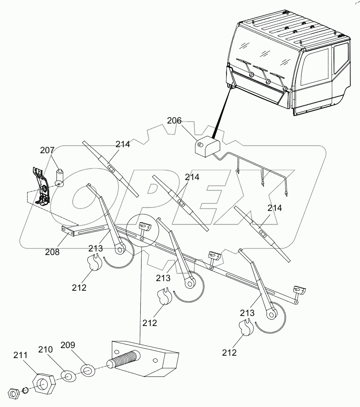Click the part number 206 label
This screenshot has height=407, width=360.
[x=174, y=120]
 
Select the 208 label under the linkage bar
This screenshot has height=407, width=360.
[x=53, y=252]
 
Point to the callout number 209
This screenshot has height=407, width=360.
[x=68, y=345]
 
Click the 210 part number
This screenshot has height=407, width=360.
[x=46, y=350]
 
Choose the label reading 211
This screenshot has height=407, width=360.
[x=21, y=355]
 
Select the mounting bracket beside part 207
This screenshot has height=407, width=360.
[x=42, y=186]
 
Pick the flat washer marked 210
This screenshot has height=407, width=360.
[x=68, y=377]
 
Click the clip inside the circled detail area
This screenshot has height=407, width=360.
[x=144, y=228]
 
